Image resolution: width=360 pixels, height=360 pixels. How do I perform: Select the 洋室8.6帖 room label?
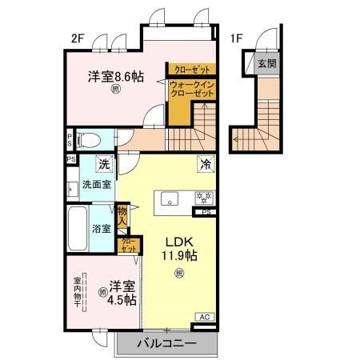(116, 77)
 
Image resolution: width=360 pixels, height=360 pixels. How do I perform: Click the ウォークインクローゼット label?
(192, 90)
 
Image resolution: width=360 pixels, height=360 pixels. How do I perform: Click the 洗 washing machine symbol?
(103, 164)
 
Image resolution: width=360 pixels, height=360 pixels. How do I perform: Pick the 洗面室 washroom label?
(97, 184)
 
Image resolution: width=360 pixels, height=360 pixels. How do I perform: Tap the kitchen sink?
(170, 198)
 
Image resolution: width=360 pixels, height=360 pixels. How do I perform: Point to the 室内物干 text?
(78, 293)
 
